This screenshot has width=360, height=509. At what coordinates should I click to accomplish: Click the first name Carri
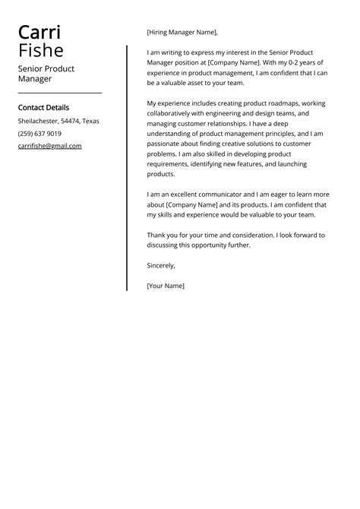coord(40,33)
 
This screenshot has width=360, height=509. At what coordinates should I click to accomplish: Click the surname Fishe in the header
coord(41,51)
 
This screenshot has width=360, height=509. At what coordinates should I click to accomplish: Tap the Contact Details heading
coord(43,108)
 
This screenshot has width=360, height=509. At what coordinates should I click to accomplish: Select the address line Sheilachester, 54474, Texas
coord(58,122)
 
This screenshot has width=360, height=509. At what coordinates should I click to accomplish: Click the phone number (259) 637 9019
coord(39,134)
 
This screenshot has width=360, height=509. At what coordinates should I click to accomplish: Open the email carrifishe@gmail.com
coord(50,146)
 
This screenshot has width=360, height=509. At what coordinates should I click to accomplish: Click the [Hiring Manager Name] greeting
coord(182,32)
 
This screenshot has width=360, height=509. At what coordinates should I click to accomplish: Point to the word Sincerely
coord(161,266)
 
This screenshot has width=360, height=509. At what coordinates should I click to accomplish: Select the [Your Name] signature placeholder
coord(166,286)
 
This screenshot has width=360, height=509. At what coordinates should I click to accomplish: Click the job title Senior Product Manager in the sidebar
coord(46,73)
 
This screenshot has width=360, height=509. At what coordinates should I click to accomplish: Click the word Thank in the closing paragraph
coord(156,235)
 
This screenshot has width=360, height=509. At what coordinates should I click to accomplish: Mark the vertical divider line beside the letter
coord(127,167)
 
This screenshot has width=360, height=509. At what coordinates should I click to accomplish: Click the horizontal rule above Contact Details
coord(59,93)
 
